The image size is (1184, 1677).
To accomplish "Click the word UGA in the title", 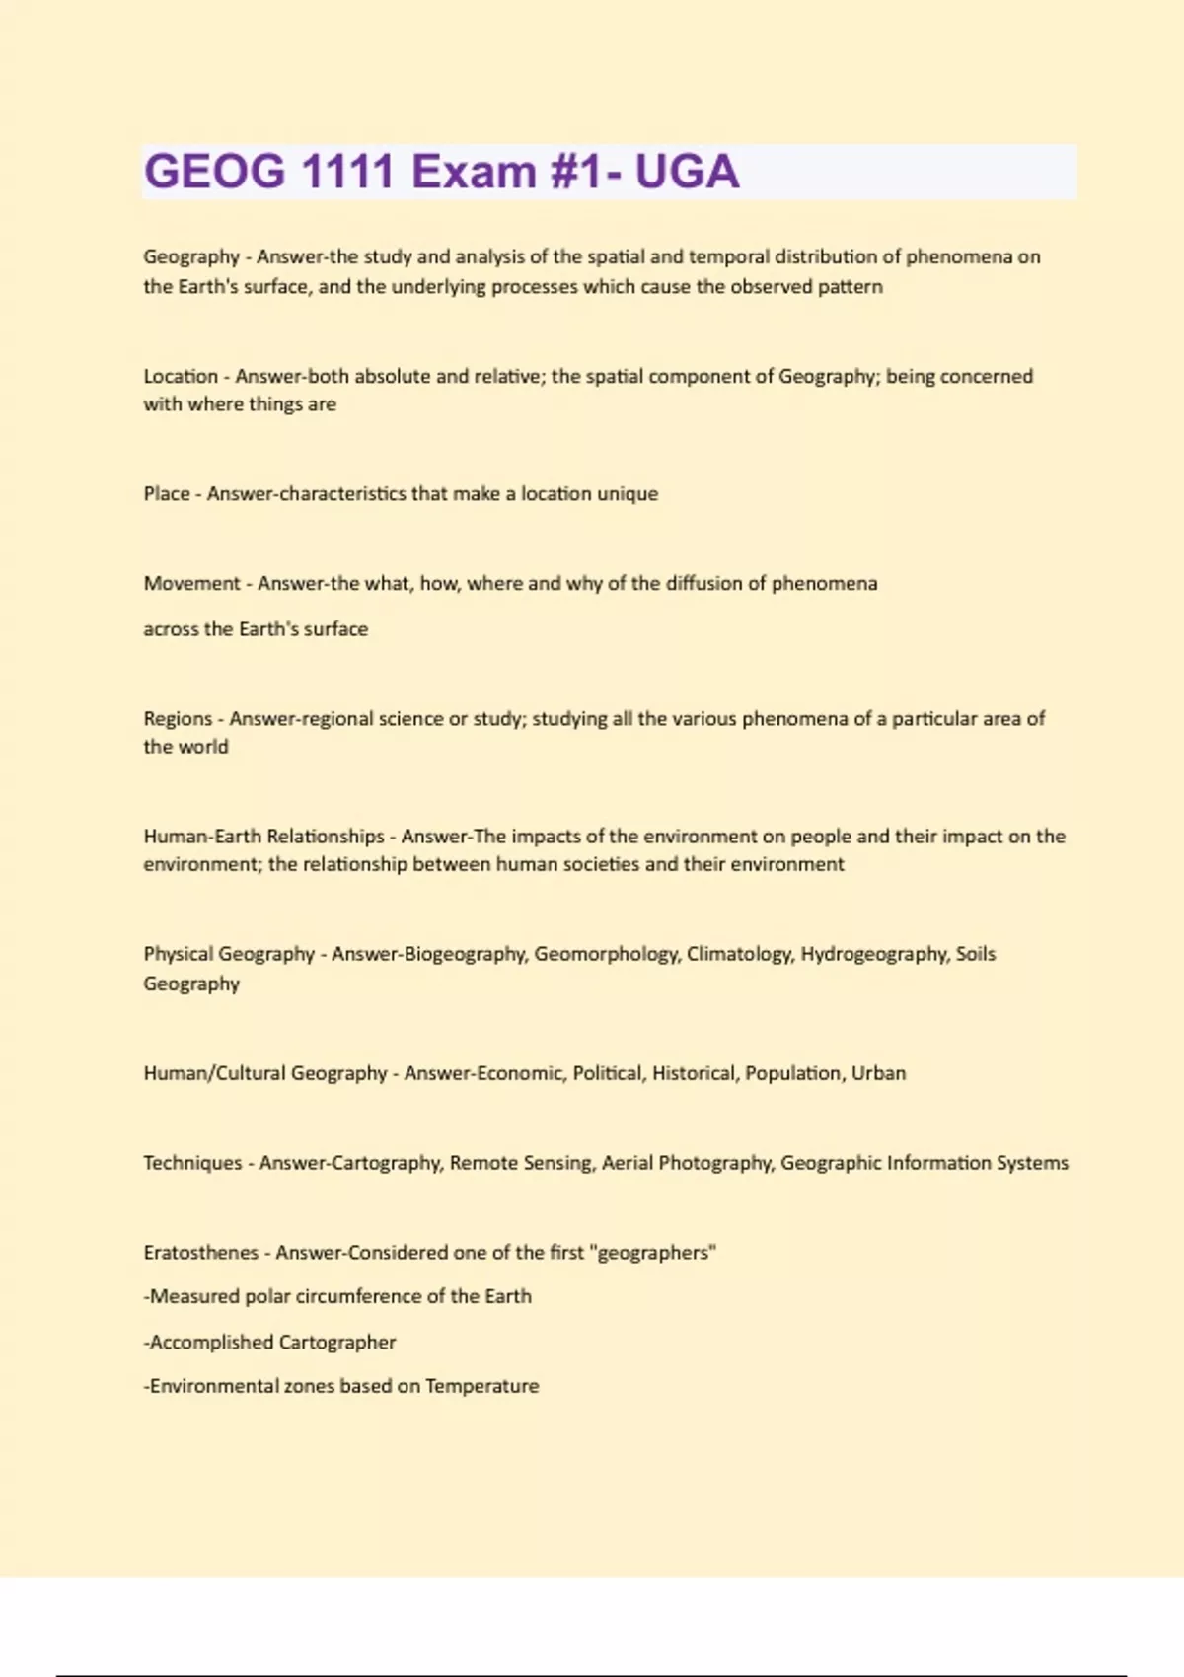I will click(x=687, y=172).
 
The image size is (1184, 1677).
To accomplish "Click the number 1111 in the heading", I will click(x=347, y=172).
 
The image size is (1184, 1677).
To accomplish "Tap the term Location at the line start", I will click(x=181, y=376).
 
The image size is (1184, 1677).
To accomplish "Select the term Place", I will click(x=167, y=493).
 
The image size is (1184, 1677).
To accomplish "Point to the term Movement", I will click(x=191, y=583).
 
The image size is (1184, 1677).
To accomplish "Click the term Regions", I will click(x=178, y=718).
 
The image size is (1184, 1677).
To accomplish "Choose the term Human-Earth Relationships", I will click(x=263, y=836).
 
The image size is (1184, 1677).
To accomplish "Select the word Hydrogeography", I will click(x=874, y=954).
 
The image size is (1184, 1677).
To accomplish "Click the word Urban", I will click(x=878, y=1073).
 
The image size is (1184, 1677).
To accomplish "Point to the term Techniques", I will click(x=192, y=1163).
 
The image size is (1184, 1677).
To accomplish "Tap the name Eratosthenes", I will click(x=200, y=1253).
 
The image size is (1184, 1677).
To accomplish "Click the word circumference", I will click(x=360, y=1296).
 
